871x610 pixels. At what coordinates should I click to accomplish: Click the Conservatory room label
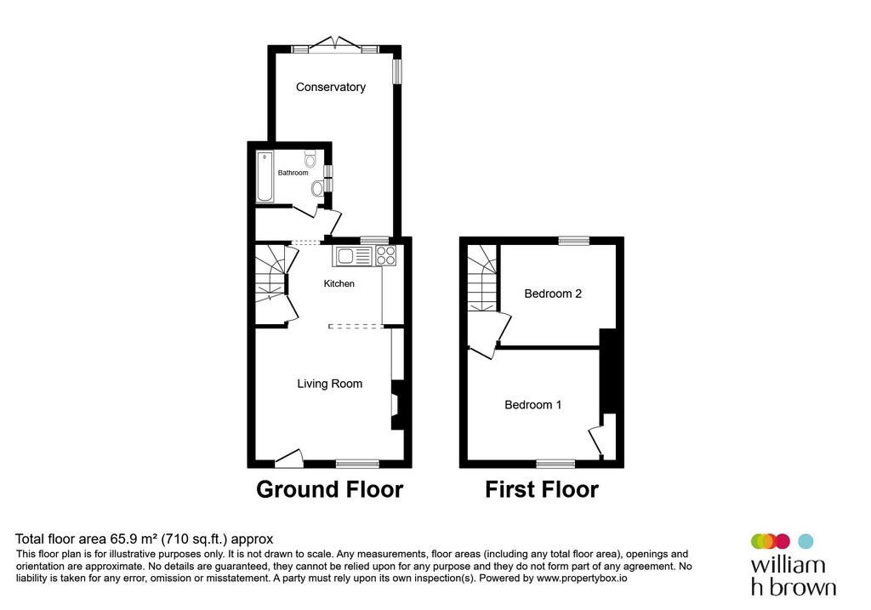331,88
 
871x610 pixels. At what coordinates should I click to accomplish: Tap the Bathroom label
293,173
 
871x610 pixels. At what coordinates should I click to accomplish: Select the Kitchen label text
339,283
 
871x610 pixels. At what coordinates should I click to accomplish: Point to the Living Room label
329,384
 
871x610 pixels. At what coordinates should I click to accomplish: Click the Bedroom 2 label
553,294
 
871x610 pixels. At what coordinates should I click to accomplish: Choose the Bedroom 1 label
532,404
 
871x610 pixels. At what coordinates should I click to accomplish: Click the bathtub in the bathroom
265,176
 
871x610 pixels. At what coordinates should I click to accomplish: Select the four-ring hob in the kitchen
385,255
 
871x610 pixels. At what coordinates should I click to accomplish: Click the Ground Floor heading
329,489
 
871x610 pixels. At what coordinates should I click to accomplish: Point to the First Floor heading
542,489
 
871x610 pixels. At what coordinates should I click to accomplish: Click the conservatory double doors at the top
335,43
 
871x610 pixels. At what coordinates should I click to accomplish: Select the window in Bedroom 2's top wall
574,241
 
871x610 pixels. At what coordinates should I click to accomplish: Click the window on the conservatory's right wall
397,71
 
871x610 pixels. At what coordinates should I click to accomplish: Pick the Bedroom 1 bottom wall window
555,464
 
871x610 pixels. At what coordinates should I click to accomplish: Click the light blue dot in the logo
806,541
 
